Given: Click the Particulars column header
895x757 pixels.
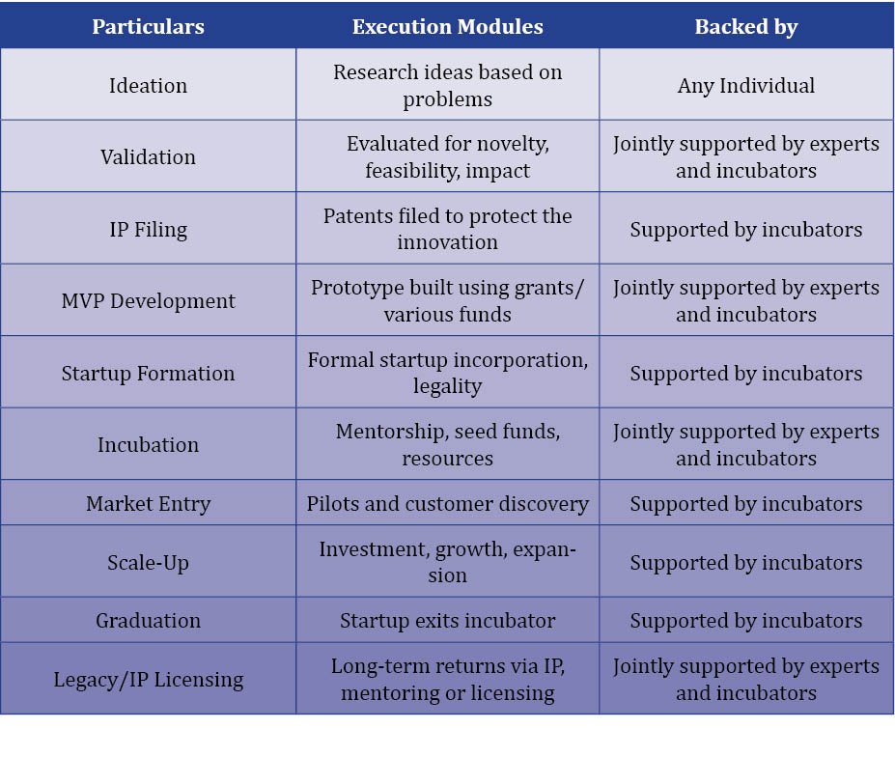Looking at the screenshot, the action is point(148,26).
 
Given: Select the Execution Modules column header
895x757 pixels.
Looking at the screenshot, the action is point(448,26).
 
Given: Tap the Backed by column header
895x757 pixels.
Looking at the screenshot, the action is point(746,27).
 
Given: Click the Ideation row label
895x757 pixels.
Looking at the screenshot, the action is point(148,86).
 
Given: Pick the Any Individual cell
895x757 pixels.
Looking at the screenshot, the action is point(746,86).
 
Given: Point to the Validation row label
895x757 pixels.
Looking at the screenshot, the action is point(148,157).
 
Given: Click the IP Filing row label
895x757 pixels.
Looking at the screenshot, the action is point(148,230).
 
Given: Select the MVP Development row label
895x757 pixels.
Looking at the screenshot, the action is point(148,301).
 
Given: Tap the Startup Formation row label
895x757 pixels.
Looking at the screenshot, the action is point(148,374).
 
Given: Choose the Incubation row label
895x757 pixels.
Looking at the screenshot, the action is point(148,445).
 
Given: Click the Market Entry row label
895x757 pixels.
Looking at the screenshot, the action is point(148,504).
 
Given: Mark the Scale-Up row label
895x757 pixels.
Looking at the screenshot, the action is point(148,563).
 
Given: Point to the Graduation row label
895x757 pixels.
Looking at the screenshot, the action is point(148,621).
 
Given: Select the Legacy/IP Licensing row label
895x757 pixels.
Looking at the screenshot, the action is point(148,680).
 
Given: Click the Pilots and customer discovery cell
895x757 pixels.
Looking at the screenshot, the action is point(448,504).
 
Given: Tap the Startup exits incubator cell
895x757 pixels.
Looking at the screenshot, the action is point(448,621).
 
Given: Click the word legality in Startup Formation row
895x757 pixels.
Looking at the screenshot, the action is point(448,387).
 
